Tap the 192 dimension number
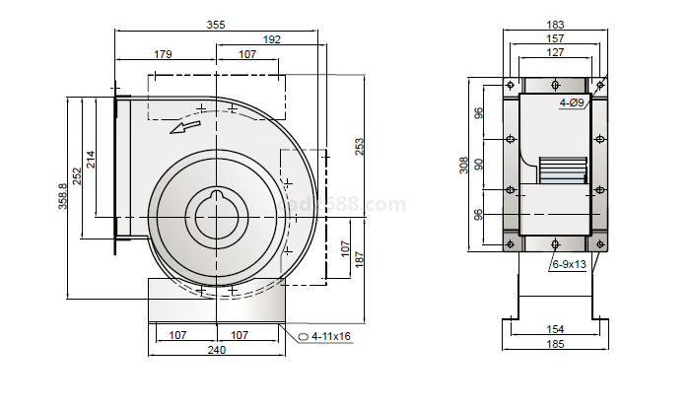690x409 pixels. [271, 40]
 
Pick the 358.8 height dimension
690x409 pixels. [63, 196]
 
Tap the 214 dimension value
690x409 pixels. [91, 160]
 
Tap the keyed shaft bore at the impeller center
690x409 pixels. [216, 211]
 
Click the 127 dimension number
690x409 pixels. [556, 52]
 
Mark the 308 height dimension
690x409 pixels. [464, 165]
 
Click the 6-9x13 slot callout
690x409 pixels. [570, 264]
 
